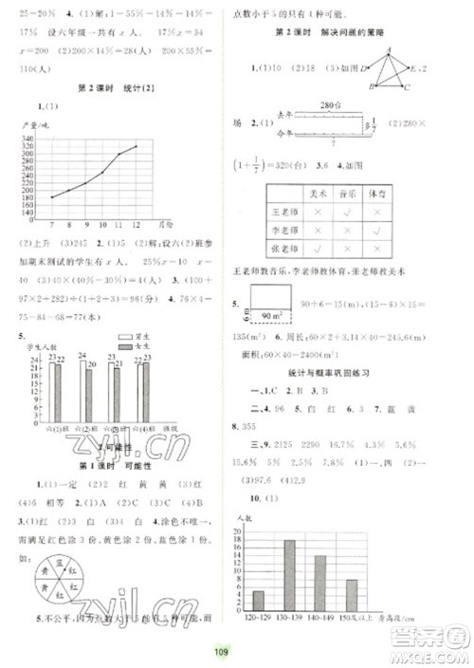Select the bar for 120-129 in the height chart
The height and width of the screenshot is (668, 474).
pyautogui.click(x=259, y=602)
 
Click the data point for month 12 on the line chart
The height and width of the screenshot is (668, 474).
pyautogui.click(x=137, y=146)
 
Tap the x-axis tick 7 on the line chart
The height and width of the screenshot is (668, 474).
pyautogui.click(x=50, y=222)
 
